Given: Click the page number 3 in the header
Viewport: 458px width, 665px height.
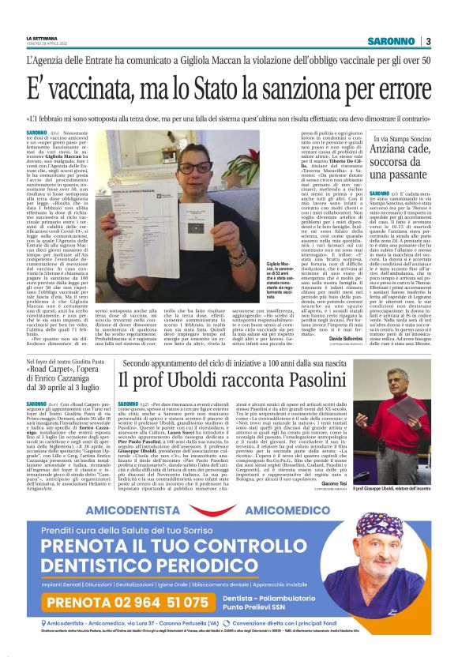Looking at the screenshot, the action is click(427, 41).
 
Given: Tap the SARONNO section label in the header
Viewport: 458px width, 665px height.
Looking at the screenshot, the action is click(392, 41).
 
